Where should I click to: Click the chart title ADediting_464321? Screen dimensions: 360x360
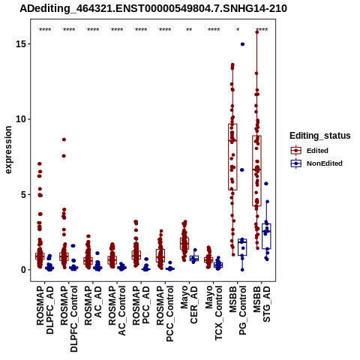point(153,9)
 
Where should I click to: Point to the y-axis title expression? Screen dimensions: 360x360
point(8,150)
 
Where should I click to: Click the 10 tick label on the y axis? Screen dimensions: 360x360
point(22,119)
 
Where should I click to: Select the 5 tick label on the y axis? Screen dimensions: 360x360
point(24,194)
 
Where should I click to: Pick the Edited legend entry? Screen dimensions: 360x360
point(317,151)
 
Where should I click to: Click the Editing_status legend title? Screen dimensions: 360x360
point(320,136)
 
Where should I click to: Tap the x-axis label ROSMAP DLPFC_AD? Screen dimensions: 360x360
point(45,310)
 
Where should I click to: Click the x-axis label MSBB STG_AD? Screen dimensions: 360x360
point(262,304)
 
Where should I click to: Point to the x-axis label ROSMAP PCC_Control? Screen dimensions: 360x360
point(165,313)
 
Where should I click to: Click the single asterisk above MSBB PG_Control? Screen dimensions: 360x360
point(238,29)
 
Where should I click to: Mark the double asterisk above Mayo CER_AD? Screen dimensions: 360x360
point(189,29)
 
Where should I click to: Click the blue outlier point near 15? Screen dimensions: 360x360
point(242,44)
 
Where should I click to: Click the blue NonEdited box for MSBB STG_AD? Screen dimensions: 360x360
point(266,236)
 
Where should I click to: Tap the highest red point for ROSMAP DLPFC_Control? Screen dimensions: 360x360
point(64,139)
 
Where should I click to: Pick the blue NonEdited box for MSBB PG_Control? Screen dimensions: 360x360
point(242,247)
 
